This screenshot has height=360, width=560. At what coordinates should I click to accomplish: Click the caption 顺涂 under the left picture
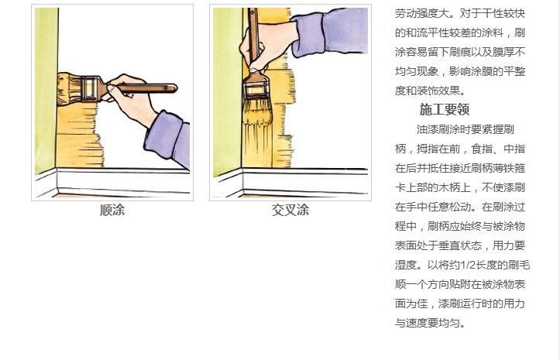pos(112,210)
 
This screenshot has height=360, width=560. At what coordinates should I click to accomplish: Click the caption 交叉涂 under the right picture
pos(290,210)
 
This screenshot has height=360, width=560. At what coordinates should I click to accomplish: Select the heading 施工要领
pos(445,110)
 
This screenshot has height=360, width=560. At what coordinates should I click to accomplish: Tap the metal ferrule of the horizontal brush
pos(90,87)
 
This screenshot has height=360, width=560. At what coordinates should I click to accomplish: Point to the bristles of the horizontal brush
pos(70,88)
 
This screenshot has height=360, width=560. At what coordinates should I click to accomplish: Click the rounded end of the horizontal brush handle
pos(174,87)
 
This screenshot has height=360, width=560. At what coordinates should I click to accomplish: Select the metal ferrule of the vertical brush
pos(256,86)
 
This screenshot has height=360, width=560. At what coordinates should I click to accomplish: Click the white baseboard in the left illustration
pos(118,181)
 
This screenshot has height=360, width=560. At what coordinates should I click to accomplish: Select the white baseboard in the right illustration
pos(297,181)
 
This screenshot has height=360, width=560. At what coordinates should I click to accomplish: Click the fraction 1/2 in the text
pos(469,265)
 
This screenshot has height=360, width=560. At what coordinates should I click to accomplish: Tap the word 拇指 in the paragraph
pos(427,149)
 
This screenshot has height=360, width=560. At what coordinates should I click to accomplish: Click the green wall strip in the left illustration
pos(46,89)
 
